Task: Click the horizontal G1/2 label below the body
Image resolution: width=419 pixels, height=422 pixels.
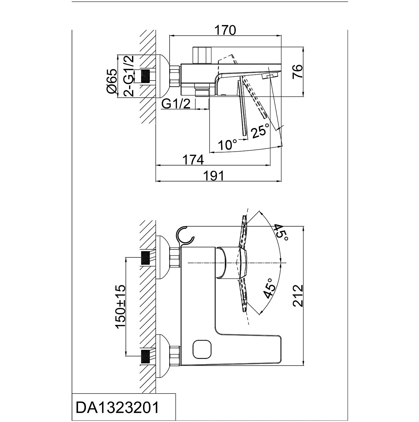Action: click(x=176, y=104)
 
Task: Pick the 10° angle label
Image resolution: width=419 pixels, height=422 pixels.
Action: click(x=227, y=144)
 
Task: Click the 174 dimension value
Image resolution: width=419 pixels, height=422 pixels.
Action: click(x=193, y=160)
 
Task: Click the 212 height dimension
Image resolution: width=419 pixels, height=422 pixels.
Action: click(x=298, y=295)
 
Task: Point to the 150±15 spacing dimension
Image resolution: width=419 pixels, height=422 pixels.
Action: click(x=121, y=306)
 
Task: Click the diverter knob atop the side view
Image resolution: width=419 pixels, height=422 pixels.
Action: click(x=201, y=55)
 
